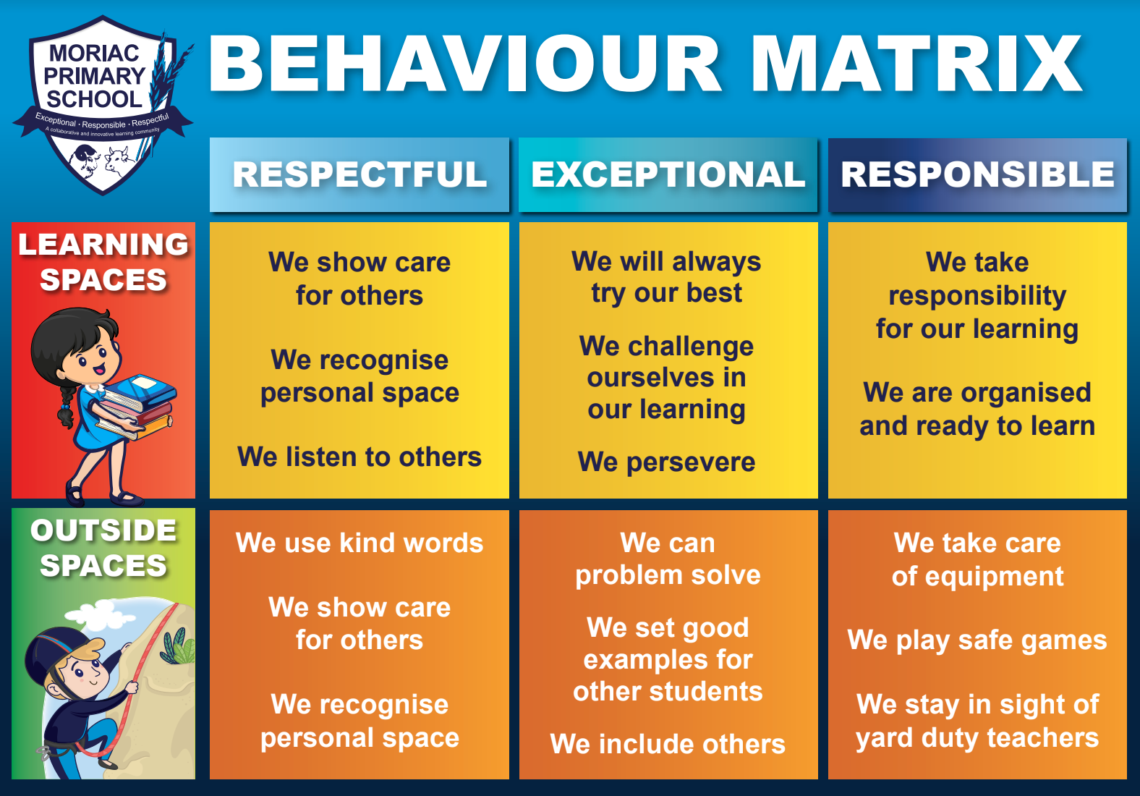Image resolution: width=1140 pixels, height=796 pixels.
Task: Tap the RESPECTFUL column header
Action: (360, 174)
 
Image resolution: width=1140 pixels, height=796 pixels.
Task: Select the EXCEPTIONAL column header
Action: (668, 174)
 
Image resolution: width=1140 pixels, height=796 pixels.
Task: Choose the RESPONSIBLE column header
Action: (977, 174)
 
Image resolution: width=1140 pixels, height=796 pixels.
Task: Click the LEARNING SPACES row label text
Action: (103, 262)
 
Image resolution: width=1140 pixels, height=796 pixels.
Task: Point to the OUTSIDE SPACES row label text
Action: (103, 548)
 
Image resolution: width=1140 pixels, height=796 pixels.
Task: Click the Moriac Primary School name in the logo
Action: (94, 76)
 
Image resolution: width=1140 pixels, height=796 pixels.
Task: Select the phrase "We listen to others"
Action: (360, 457)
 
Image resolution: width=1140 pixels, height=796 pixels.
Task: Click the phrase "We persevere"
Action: (666, 462)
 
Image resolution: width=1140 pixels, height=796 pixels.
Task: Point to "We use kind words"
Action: (360, 543)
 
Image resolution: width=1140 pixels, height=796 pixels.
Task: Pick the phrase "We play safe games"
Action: (977, 640)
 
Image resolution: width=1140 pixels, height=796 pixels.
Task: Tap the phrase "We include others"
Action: (668, 744)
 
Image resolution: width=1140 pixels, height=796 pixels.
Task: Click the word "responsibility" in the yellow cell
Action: (977, 295)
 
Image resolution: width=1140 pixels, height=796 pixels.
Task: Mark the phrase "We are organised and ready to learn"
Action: (977, 409)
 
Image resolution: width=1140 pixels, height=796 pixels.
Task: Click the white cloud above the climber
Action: (101, 615)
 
